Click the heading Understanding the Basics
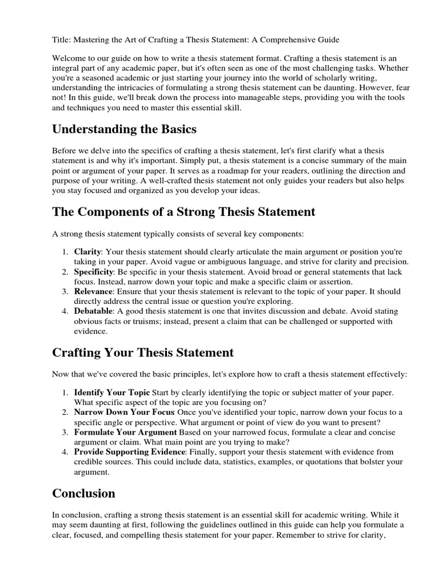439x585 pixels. point(124,129)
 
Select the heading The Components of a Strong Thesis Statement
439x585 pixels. point(183,212)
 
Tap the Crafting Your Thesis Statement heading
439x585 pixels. point(143,352)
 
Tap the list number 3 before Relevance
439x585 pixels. point(65,291)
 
